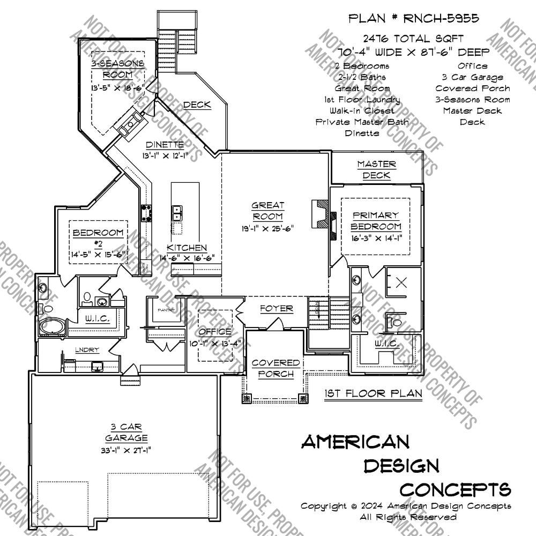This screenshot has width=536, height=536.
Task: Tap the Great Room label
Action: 267,211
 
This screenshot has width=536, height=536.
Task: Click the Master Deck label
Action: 376,170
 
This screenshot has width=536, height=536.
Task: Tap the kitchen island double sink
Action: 176,213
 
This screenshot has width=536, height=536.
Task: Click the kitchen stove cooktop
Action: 146,213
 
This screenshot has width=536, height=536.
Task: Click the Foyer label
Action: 277,309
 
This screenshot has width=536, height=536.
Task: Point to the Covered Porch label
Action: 272,368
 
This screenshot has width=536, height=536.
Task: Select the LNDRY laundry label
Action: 87,350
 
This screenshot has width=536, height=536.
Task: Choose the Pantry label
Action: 163,310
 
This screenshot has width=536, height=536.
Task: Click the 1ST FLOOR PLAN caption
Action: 373,393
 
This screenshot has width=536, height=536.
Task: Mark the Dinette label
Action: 165,145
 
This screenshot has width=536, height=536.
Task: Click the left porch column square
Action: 248,398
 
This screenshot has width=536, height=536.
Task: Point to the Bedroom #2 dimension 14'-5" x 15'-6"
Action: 99,255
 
